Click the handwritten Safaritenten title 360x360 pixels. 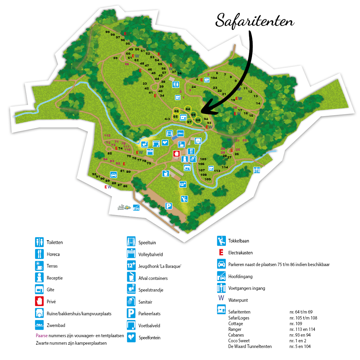(255, 21)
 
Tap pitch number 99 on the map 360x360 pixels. (107, 32)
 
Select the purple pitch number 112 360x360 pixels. (107, 136)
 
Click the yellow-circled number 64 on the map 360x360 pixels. (188, 109)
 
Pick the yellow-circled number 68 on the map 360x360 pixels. (198, 120)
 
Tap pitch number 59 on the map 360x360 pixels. (115, 58)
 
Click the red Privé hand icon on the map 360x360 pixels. (176, 154)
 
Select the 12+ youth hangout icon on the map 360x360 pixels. (183, 184)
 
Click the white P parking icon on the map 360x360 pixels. (169, 206)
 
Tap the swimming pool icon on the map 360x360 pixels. (180, 133)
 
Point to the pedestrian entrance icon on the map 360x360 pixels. (256, 170)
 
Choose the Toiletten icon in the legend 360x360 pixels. (39, 242)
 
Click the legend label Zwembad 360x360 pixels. (56, 325)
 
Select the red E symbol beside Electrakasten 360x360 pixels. (221, 253)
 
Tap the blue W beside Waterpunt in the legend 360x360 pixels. (221, 298)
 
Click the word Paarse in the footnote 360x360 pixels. (41, 336)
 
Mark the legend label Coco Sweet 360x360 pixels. (239, 341)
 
